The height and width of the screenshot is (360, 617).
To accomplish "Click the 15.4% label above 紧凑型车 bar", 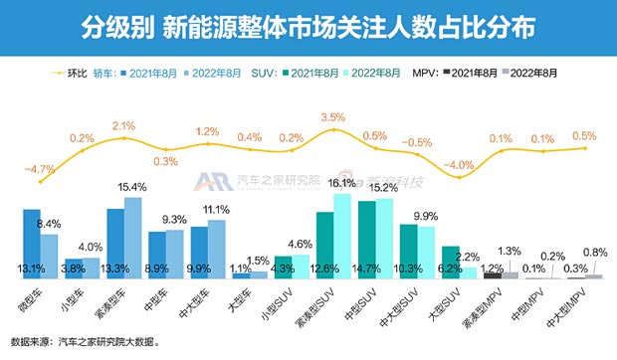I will (x=131, y=187).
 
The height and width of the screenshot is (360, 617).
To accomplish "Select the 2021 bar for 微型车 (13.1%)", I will (x=31, y=243).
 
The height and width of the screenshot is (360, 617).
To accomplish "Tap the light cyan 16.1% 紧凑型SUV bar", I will (x=342, y=235).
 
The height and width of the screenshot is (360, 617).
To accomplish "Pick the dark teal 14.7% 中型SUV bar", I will (x=366, y=238).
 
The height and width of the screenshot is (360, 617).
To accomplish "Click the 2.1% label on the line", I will (x=123, y=126).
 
